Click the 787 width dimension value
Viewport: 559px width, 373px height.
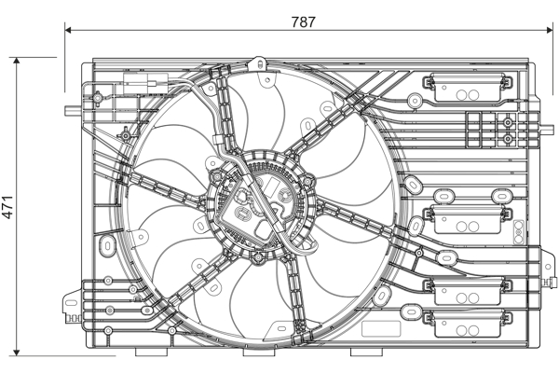(x=304, y=22)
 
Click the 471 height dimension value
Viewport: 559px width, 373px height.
(x=7, y=207)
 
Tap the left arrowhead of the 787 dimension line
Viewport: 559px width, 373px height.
(x=68, y=31)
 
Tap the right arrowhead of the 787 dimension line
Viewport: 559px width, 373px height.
(x=549, y=31)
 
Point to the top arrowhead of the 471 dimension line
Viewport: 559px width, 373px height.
(x=17, y=61)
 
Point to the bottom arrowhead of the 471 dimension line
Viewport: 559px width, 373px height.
(x=17, y=352)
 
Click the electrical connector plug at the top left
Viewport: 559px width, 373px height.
(x=145, y=84)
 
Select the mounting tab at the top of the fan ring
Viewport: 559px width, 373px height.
(x=261, y=63)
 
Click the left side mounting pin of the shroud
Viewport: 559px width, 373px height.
(x=74, y=111)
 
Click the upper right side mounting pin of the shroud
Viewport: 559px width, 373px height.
(x=547, y=130)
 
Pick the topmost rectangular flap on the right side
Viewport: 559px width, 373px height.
(x=468, y=87)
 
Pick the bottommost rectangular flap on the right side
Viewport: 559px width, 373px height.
(x=468, y=324)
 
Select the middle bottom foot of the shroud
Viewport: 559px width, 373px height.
(x=259, y=352)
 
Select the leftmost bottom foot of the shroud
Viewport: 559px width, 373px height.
(x=152, y=352)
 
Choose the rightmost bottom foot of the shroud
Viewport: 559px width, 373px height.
(x=367, y=352)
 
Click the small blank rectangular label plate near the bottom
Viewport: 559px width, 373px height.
(x=381, y=329)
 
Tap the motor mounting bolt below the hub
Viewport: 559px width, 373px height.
(x=257, y=256)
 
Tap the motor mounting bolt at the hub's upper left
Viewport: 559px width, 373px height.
(x=216, y=176)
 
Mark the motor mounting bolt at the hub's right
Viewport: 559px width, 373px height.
(x=307, y=180)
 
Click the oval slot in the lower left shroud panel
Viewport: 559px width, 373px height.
(x=107, y=245)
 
